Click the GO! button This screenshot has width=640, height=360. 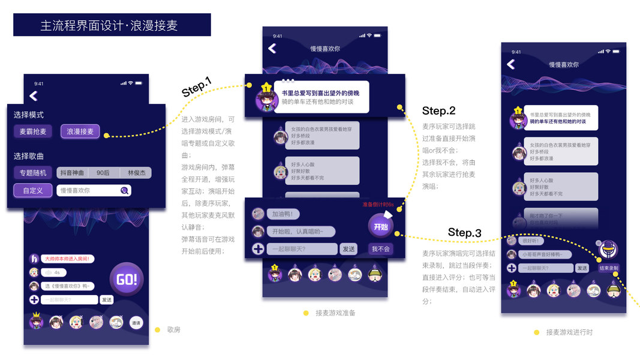coord(127,279)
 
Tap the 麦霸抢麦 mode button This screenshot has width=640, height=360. coord(34,131)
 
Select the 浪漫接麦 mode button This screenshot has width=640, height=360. coord(80,131)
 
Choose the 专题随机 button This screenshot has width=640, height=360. coord(34,173)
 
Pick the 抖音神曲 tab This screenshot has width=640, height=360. coord(73,173)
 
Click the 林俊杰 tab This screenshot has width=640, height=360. coord(136,173)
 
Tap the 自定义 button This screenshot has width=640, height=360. coord(33,190)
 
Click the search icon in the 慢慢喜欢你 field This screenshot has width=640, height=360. coord(124,190)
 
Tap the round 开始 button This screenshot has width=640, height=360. coord(381,226)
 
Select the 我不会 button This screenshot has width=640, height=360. coord(381,248)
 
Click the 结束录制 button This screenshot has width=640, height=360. coord(609,268)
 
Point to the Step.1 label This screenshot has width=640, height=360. coord(197,89)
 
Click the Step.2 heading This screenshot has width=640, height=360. coord(438,111)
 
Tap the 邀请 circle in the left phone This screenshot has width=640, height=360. coord(136,323)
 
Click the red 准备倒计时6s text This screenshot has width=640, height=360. coord(377,204)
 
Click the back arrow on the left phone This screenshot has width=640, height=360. coord(34,95)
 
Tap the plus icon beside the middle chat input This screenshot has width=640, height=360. coord(258,248)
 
